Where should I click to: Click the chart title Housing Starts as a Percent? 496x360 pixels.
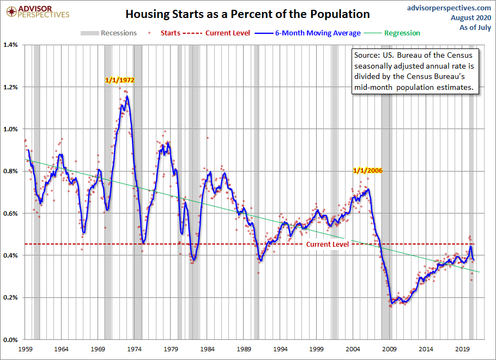(247, 14)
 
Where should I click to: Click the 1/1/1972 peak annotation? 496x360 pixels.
(120, 80)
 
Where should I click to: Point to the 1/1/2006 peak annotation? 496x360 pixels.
(368, 170)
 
